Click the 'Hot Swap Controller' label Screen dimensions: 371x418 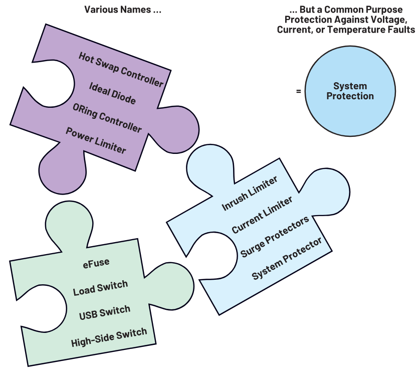point(121,69)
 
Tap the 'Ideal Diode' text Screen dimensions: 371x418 point(112,93)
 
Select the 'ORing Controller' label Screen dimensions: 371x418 point(107,118)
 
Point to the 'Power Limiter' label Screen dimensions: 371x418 point(96,140)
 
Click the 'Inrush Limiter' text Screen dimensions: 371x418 point(249,194)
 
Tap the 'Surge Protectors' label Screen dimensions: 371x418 point(274,237)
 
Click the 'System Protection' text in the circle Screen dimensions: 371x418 point(350,91)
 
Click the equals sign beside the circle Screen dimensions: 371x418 point(298,91)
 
